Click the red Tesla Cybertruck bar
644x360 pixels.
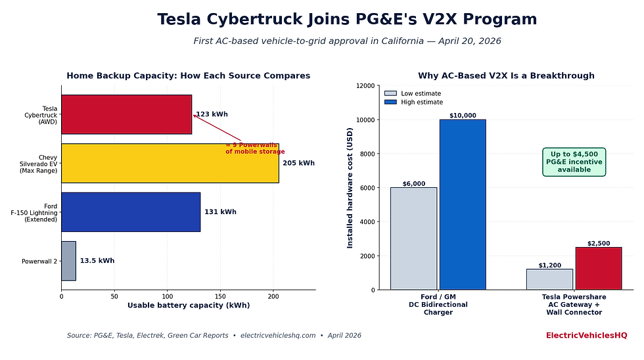pyautogui.click(x=126, y=114)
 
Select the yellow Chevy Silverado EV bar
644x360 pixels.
pyautogui.click(x=170, y=163)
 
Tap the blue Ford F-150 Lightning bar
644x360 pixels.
pyautogui.click(x=130, y=212)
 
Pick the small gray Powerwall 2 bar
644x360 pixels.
pyautogui.click(x=68, y=261)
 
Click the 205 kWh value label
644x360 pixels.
pyautogui.click(x=298, y=164)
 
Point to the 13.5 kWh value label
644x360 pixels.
pyautogui.click(x=97, y=261)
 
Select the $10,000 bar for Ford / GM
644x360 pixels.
pyautogui.click(x=463, y=204)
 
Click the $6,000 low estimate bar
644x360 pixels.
pyautogui.click(x=413, y=238)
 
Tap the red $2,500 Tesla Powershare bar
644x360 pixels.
pyautogui.click(x=598, y=268)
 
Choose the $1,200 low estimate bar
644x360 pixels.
pyautogui.click(x=549, y=279)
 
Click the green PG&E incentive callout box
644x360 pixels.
pyautogui.click(x=574, y=162)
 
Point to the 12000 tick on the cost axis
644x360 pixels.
pyautogui.click(x=365, y=86)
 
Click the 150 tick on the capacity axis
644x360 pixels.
pyautogui.click(x=220, y=296)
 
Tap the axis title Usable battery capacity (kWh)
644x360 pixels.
pyautogui.click(x=188, y=305)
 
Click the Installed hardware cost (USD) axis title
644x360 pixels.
pyautogui.click(x=350, y=187)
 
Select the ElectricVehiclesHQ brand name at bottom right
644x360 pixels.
pyautogui.click(x=586, y=336)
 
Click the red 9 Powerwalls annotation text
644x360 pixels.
pyautogui.click(x=255, y=148)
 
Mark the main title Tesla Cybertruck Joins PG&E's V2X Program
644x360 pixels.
pyautogui.click(x=347, y=20)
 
